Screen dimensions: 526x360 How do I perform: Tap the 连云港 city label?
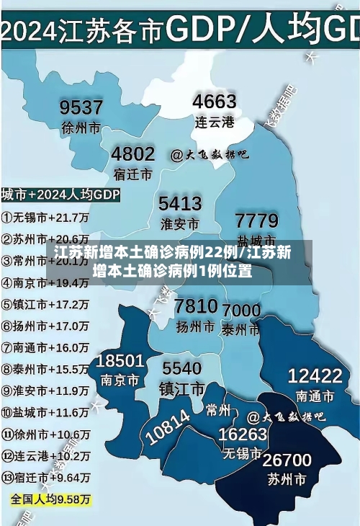point(215,122)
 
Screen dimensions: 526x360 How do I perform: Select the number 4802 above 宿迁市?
point(132,153)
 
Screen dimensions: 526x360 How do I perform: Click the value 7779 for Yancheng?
point(256,220)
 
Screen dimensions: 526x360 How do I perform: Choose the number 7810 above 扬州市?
point(196,306)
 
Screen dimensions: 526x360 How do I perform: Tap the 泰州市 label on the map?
point(240,329)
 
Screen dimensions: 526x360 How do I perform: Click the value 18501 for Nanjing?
point(120,360)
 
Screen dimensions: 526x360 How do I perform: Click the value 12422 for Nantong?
point(315,375)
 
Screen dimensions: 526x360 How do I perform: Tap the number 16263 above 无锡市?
point(243,434)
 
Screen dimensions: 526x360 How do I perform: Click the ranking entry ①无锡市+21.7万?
point(45,216)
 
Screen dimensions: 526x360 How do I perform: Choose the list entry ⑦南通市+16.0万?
point(45,347)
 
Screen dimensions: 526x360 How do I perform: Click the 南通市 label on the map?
point(315,396)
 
